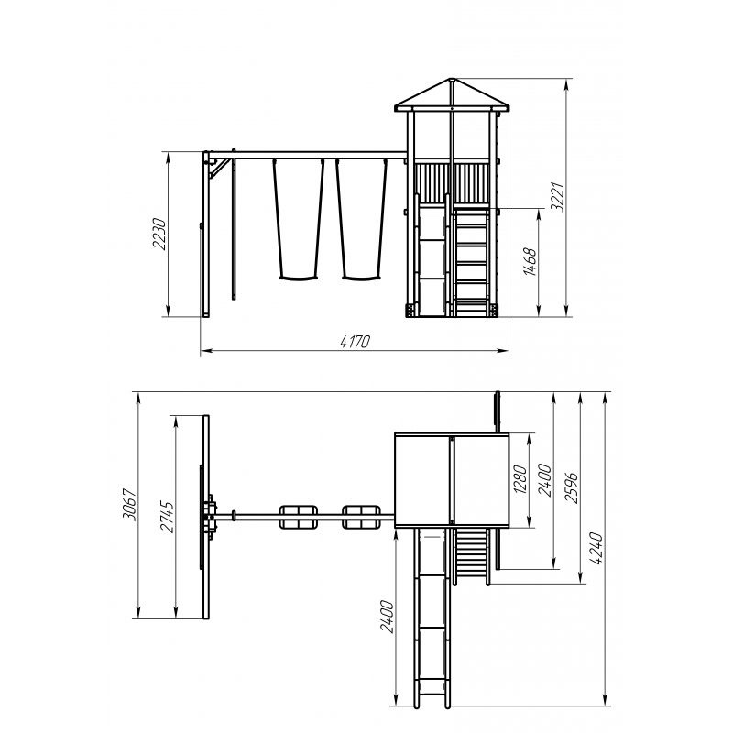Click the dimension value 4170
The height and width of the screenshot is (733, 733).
point(355,342)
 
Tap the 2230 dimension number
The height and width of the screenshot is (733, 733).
point(159,234)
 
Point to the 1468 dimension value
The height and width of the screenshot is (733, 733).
point(531,262)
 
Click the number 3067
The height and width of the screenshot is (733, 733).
point(129,505)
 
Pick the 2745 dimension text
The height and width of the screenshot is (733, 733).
point(167,517)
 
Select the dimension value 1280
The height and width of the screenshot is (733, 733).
point(520,479)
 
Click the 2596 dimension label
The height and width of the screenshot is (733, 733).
point(571,488)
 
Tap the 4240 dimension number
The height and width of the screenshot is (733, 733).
point(596,548)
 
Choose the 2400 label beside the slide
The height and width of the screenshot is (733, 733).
point(387,617)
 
